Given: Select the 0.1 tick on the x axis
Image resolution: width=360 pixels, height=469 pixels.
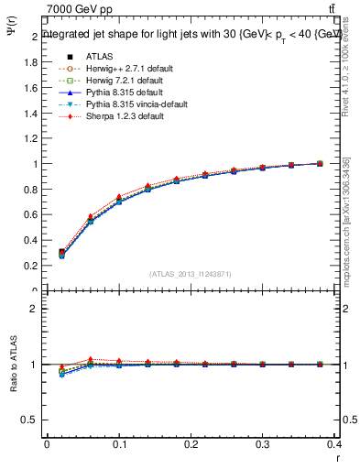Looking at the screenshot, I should [x=119, y=446].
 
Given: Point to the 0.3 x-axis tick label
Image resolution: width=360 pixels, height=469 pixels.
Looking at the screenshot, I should [x=263, y=446].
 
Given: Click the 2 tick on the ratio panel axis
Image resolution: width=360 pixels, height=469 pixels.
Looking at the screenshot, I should [x=35, y=309].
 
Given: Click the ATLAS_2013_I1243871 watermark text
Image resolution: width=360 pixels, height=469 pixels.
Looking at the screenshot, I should [x=191, y=274].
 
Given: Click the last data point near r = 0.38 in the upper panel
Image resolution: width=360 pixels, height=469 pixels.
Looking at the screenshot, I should [x=320, y=163].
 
